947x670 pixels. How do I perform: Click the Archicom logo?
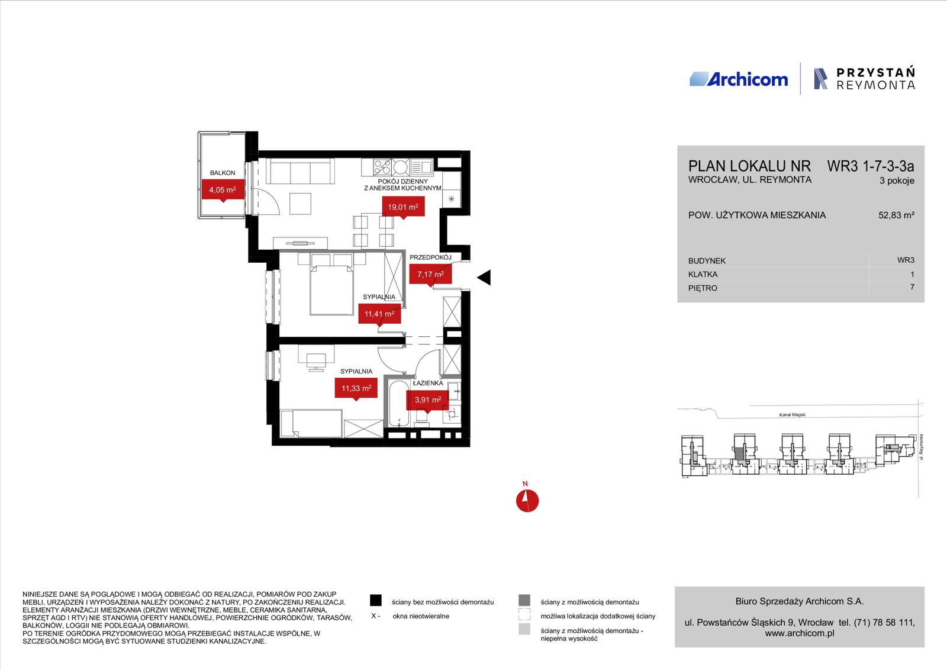[x=739, y=79]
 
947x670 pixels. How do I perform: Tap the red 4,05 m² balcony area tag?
[x=223, y=190]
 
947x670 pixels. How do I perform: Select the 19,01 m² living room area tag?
[x=403, y=207]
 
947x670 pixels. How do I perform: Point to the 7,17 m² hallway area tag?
[x=430, y=275]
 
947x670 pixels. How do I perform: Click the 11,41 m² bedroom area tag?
[x=379, y=314]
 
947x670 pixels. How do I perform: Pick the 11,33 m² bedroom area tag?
[x=356, y=388]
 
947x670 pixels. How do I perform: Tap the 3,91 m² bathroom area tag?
[x=427, y=400]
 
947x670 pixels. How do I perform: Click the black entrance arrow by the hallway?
[x=484, y=278]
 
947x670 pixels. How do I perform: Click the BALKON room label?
[x=223, y=173]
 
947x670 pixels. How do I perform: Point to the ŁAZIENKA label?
[x=428, y=383]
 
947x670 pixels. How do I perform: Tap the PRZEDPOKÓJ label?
[x=430, y=257]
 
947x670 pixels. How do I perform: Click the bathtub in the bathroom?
[x=399, y=404]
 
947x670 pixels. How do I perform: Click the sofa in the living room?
[x=300, y=171]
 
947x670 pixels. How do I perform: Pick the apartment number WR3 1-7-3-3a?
[x=871, y=166]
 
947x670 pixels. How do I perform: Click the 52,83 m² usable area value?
[x=896, y=215]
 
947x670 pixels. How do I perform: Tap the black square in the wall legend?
[x=375, y=600]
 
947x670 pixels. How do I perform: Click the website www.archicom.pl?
[x=800, y=633]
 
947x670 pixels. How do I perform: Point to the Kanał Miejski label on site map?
[x=793, y=415]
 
